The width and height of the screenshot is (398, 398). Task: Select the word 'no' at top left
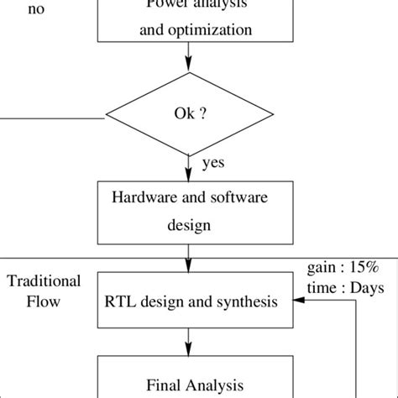[x=13, y=10]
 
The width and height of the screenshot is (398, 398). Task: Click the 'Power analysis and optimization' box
[x=188, y=21]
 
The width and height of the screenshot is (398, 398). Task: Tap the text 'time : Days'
[x=343, y=287]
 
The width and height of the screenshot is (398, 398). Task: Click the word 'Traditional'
[x=44, y=280]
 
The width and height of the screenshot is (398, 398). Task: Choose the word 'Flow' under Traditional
[x=44, y=300]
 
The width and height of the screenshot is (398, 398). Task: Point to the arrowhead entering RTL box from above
[x=188, y=266]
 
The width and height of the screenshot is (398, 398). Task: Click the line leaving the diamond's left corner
[x=50, y=117]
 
